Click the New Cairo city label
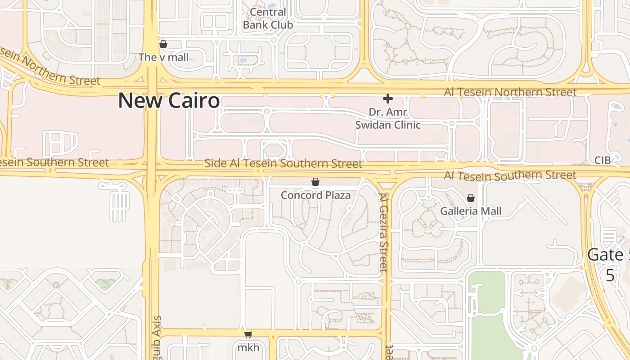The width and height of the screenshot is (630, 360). (x=169, y=100)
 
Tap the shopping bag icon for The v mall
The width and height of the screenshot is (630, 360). (x=163, y=44)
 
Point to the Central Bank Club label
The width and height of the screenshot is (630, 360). (x=268, y=19)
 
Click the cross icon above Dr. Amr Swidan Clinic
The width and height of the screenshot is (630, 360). (x=387, y=98)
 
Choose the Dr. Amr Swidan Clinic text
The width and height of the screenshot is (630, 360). (x=388, y=118)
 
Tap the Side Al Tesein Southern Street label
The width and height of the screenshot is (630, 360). (x=283, y=163)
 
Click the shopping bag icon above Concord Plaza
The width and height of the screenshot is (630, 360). (x=315, y=182)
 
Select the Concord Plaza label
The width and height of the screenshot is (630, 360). (x=315, y=195)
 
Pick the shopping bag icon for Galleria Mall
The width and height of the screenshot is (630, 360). (x=471, y=198)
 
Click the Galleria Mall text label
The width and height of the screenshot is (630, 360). (x=471, y=211)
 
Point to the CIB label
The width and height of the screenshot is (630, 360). (x=602, y=160)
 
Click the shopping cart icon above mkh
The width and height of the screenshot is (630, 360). (x=248, y=334)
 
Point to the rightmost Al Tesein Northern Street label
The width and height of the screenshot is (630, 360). (x=510, y=92)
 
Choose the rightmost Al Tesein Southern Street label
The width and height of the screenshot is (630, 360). (x=510, y=175)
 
